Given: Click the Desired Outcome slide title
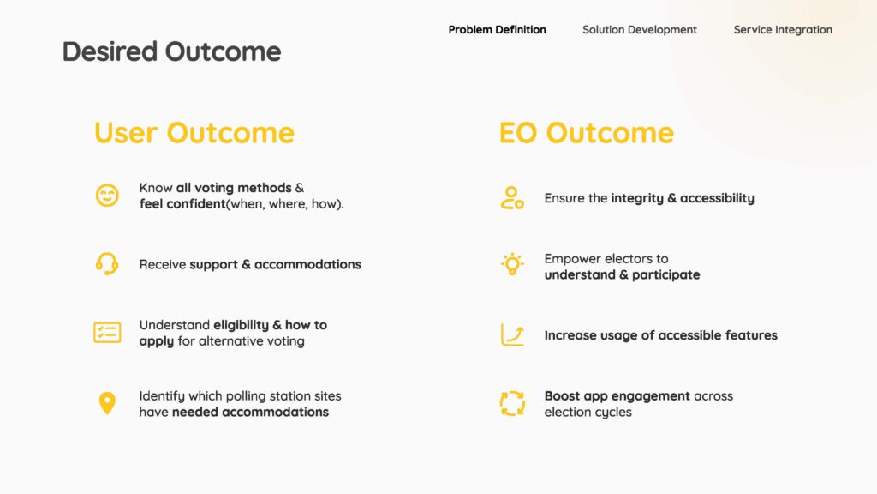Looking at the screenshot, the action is [171, 51].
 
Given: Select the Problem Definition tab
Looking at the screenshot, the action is [498, 30].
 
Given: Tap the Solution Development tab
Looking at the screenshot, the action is [639, 30].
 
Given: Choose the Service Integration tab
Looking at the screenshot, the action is [783, 30].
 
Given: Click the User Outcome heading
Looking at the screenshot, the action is [194, 133].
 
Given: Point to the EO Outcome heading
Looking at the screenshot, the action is [586, 133].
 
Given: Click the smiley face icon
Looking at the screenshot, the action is [107, 196].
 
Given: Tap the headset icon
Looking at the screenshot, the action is [107, 264].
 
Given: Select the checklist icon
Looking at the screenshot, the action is [107, 333].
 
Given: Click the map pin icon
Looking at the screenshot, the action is [107, 403].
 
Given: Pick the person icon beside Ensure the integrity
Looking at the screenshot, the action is [512, 198].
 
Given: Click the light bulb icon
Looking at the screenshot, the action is [512, 264].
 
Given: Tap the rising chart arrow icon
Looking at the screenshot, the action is [512, 335].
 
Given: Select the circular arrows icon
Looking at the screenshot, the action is [512, 403].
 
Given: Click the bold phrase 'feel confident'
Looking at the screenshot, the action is [182, 204].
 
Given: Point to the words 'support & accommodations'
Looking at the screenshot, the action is [275, 264].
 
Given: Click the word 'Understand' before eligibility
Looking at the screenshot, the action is [175, 325].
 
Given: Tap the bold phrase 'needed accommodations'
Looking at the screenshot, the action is [250, 412].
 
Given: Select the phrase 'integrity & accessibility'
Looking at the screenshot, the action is [683, 198].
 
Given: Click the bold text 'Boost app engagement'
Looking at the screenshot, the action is [617, 396].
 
